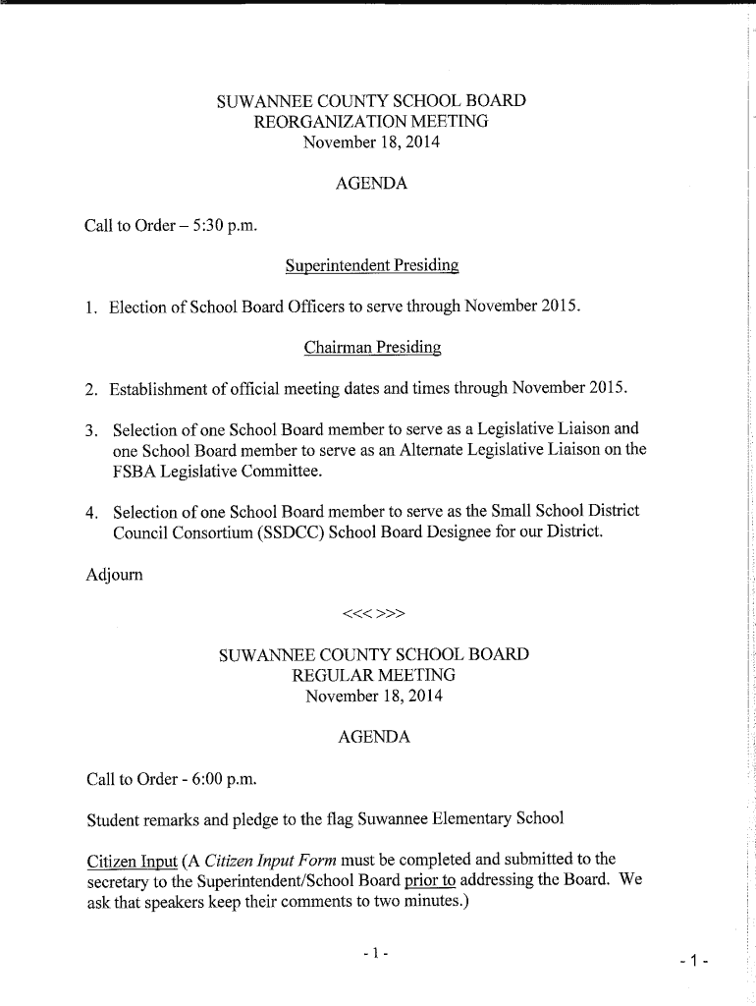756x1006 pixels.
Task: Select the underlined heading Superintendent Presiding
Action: [x=371, y=265]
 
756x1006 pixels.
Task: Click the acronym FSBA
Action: [x=133, y=472]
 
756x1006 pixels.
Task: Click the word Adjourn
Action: [x=115, y=574]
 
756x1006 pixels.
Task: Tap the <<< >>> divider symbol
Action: [x=373, y=615]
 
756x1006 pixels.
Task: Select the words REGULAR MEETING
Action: [x=373, y=676]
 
